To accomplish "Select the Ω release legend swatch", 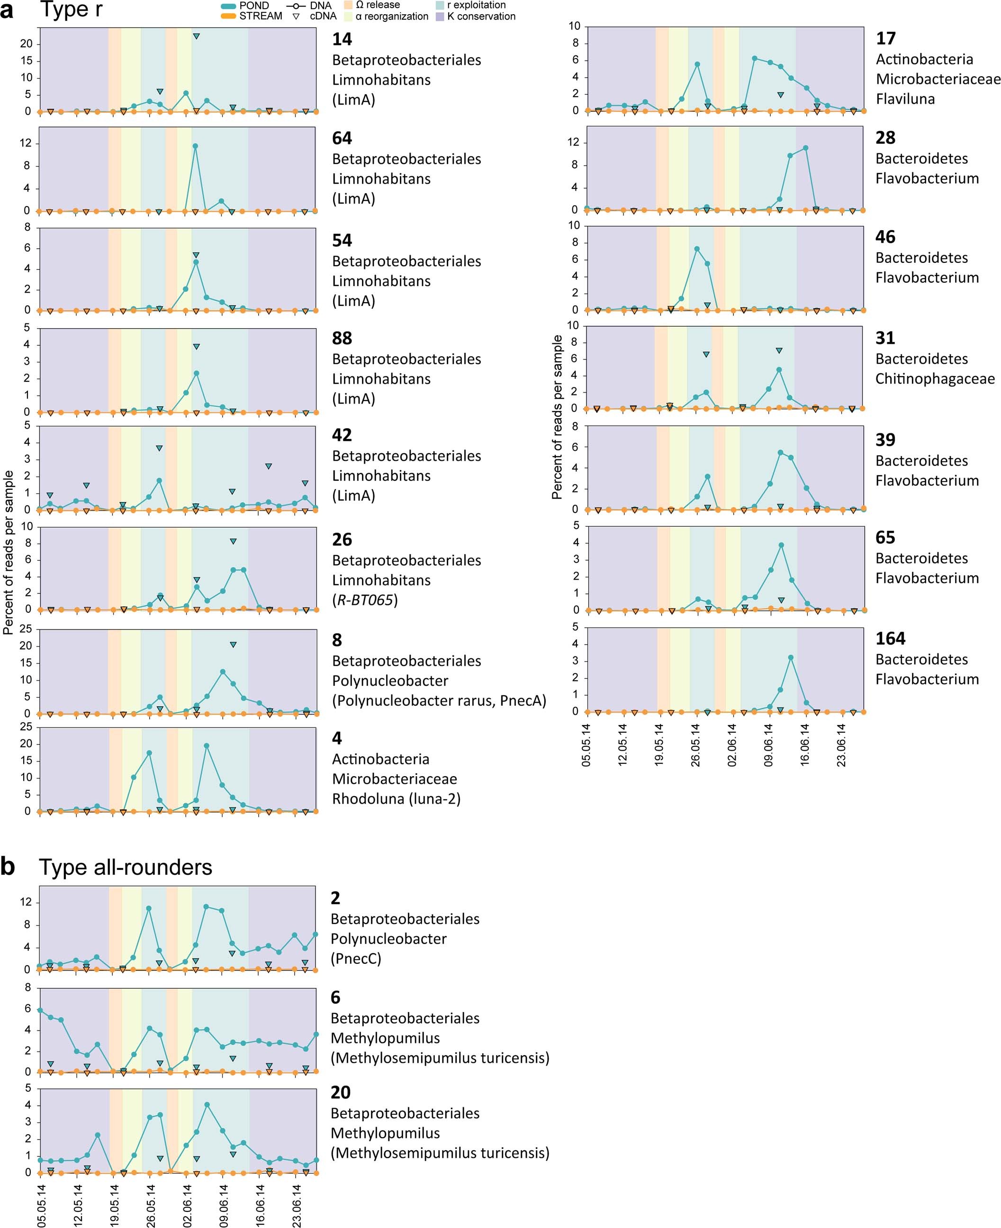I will point(348,5).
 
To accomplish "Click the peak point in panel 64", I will point(196,146).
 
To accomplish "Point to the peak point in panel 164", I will point(791,658).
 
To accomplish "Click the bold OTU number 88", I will point(342,339).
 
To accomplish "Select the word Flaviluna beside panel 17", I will point(905,99).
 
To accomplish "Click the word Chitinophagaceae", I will point(935,379).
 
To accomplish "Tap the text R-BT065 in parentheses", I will point(365,600).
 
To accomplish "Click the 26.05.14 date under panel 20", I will point(151,1205).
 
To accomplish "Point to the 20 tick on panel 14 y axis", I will point(27,44).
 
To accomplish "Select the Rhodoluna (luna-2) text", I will point(396,799).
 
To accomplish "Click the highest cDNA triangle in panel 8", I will point(233,645).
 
